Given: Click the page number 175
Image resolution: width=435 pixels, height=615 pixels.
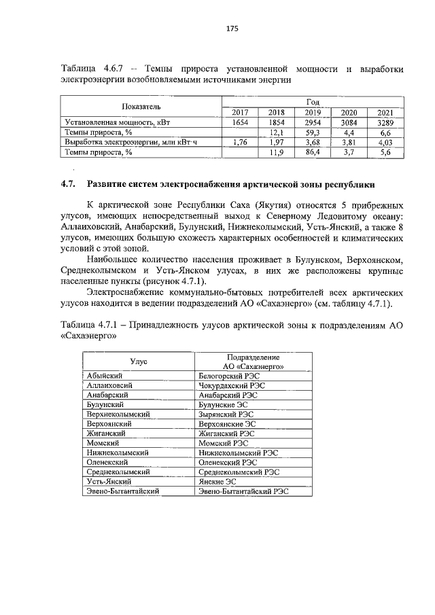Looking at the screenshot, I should point(231,29).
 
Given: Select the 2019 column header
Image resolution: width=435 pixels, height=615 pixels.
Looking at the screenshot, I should point(313,112).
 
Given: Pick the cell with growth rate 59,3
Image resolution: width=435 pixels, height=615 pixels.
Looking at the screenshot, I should point(313,133).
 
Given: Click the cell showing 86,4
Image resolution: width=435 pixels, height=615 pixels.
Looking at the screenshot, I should point(313,153).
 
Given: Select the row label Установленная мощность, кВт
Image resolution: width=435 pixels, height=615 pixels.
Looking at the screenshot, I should point(117,122).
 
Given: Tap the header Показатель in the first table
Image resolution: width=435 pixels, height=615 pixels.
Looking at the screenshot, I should point(141,107).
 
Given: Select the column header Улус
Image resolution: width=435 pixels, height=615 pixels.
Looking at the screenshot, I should point(139,361).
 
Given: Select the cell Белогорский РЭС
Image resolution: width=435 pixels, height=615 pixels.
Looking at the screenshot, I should point(228,375).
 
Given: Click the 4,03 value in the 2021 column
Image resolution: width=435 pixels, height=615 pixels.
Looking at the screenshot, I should point(385,143).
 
